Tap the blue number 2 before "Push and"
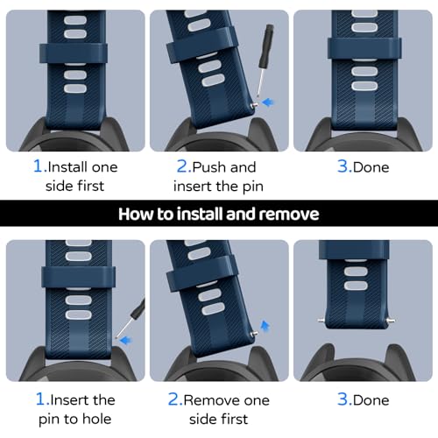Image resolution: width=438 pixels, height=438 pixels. point(183,166)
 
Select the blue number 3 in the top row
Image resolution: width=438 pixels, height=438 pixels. point(343,166)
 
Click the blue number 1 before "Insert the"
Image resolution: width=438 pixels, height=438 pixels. point(41,399)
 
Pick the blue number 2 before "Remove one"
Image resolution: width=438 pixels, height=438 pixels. point(174,399)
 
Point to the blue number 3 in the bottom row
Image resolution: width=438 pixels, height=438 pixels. point(343,399)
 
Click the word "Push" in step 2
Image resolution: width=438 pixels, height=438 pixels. point(209,167)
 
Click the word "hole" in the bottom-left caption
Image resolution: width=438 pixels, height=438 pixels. point(97,419)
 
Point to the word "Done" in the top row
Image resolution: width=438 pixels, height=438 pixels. point(371,167)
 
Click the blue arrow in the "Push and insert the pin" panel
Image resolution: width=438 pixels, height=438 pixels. point(268,102)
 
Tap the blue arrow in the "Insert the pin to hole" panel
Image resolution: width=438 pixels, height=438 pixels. point(126,340)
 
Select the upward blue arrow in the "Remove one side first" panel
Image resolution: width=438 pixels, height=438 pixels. point(265,326)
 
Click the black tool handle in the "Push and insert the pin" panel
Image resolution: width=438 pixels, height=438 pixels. point(267,45)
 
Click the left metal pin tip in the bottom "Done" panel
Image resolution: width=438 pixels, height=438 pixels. point(321,321)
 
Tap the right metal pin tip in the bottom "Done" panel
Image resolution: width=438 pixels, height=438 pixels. point(391,321)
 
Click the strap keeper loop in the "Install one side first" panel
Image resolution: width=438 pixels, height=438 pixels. point(73,53)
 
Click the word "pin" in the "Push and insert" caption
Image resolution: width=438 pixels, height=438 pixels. point(253,187)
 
